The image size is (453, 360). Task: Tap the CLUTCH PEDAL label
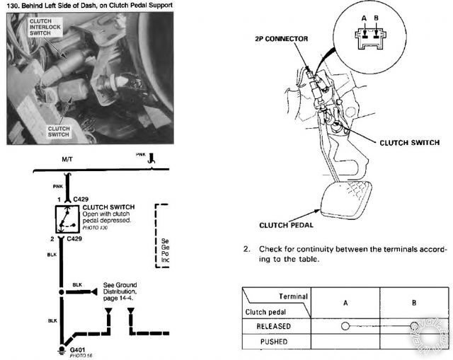pyautogui.click(x=270, y=226)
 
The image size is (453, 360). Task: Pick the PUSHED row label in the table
pyautogui.click(x=267, y=342)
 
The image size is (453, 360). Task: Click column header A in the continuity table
pyautogui.click(x=346, y=301)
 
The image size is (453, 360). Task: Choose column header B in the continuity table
pyautogui.click(x=415, y=301)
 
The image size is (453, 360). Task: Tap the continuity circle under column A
pyautogui.click(x=345, y=326)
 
